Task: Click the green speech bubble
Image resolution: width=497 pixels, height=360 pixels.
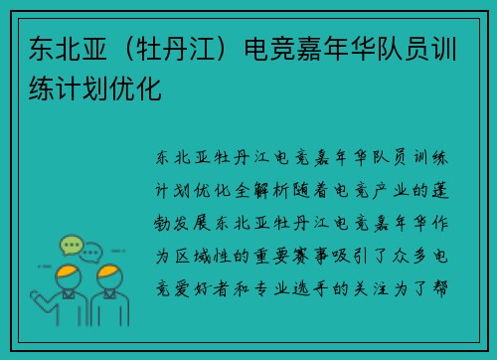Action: (71, 244)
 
